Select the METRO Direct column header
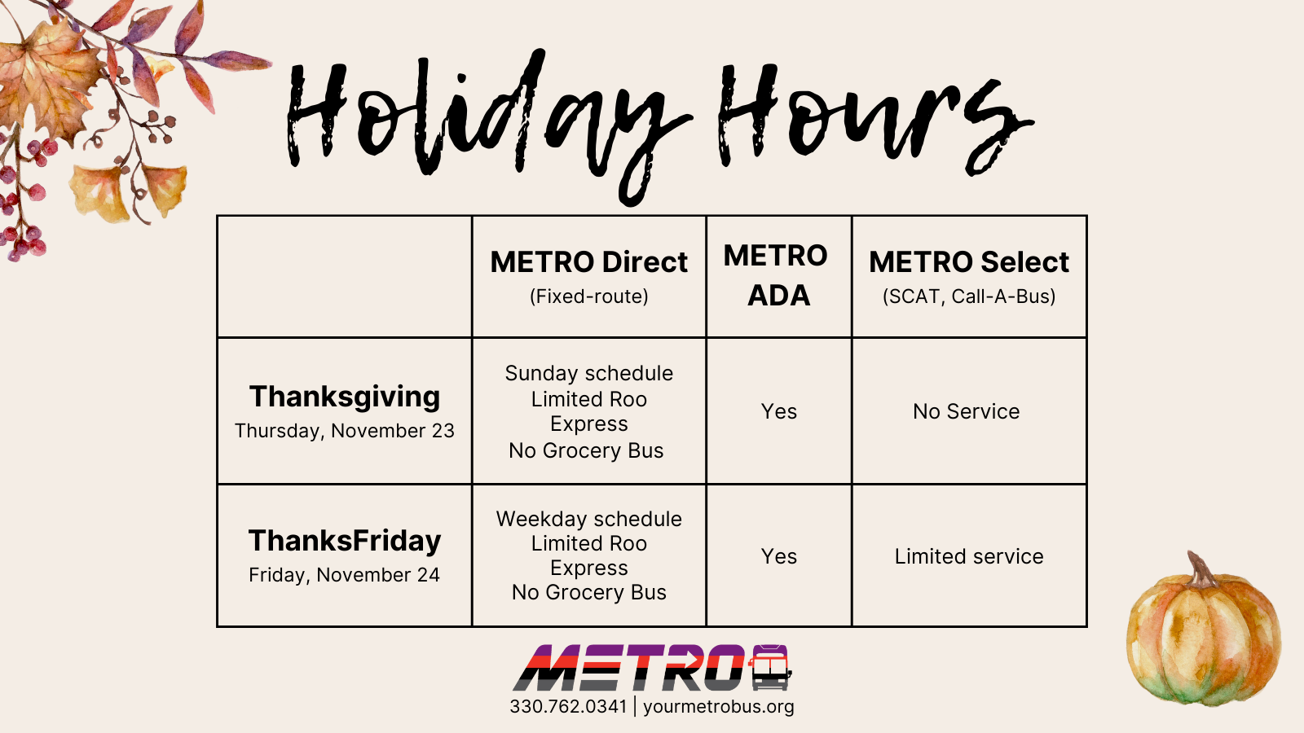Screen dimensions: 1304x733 point(589,261)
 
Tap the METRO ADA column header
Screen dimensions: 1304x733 point(776,275)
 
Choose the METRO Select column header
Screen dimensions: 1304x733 point(969,261)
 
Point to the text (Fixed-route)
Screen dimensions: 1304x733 point(589,296)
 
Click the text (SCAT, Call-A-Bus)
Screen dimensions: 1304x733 point(969,296)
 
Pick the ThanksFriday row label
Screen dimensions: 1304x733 point(345,541)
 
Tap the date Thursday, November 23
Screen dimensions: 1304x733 point(345,431)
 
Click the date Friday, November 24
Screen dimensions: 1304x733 point(345,575)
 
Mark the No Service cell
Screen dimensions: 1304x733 point(967,411)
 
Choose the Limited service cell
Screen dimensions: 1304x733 point(969,556)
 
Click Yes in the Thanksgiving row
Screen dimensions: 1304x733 point(779,411)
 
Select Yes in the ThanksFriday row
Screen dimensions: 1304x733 point(779,556)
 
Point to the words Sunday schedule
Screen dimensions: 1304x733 point(589,374)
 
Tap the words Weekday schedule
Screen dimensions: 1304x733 point(589,519)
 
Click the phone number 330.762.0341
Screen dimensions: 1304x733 point(568,706)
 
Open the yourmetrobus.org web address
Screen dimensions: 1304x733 point(719,707)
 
